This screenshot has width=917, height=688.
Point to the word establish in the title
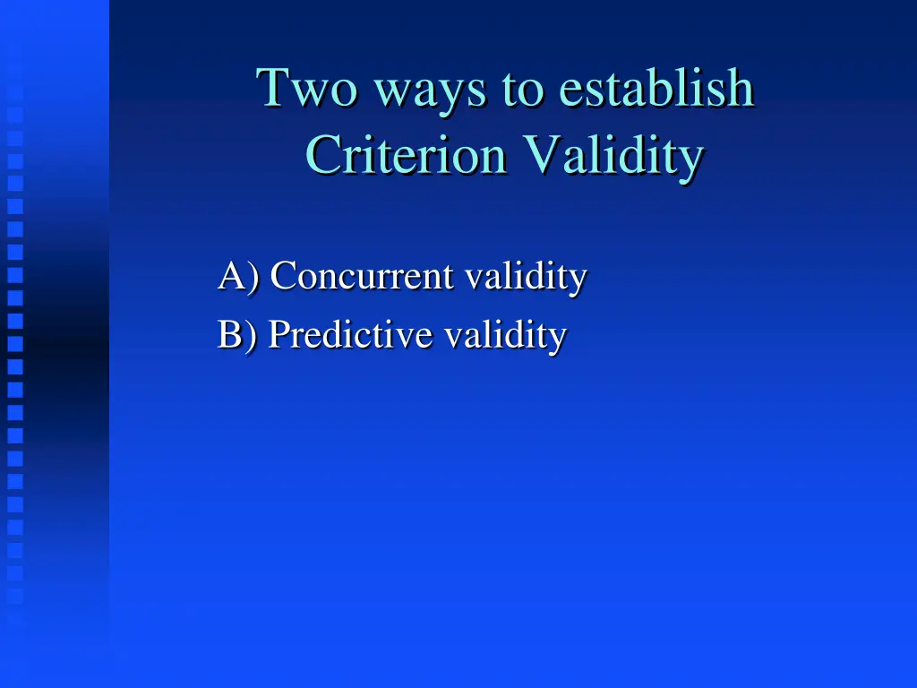click(x=656, y=89)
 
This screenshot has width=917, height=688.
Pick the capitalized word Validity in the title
click(x=613, y=158)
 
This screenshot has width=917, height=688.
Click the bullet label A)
click(x=238, y=276)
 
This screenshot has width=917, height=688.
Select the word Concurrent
click(x=362, y=276)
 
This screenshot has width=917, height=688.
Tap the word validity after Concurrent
click(x=526, y=276)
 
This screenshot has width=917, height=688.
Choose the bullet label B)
click(x=237, y=335)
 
